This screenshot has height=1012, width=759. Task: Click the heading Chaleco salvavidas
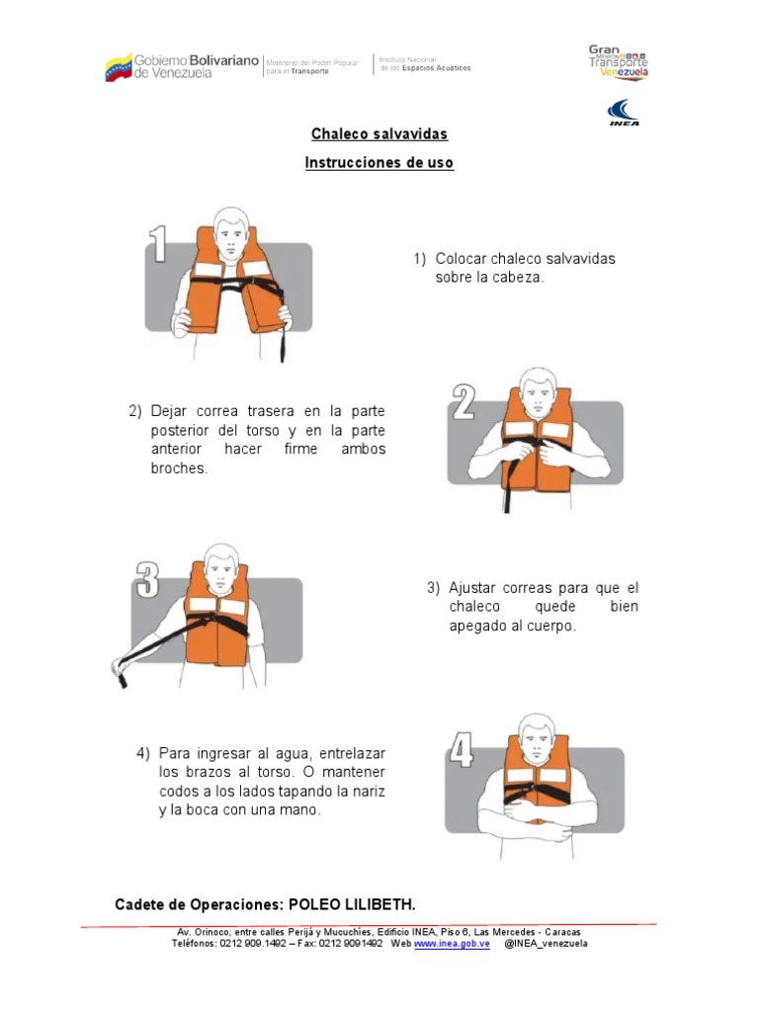point(379,133)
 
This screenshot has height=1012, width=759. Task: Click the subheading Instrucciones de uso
point(379,163)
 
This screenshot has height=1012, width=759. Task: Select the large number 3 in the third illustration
point(147,580)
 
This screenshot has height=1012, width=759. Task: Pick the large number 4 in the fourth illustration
point(461,751)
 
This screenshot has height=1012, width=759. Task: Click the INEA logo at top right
point(623,112)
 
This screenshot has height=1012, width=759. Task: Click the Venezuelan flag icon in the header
point(118,67)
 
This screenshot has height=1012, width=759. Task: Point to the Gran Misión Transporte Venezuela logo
point(618,61)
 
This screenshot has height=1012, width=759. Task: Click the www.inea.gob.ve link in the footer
point(451,944)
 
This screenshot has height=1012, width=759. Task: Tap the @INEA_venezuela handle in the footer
point(546,944)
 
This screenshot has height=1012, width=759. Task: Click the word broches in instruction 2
point(179,468)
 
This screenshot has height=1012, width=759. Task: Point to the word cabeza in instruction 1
point(518,278)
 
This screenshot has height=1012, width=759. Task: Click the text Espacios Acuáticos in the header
point(439,68)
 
